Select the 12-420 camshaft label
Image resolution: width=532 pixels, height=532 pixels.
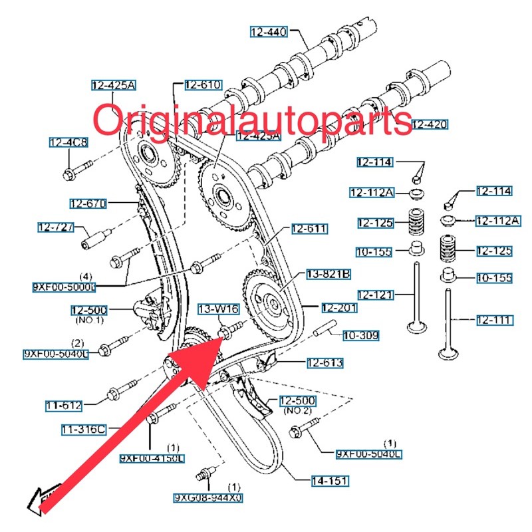pyautogui.click(x=429, y=124)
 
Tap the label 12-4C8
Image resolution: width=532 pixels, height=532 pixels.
pyautogui.click(x=68, y=142)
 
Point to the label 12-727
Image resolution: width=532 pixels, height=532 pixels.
pyautogui.click(x=57, y=227)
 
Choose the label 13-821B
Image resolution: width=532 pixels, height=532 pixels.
pyautogui.click(x=328, y=273)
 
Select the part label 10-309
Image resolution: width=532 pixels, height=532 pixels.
pyautogui.click(x=360, y=336)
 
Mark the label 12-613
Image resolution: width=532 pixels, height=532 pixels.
pyautogui.click(x=325, y=362)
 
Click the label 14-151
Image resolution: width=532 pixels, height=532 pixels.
pyautogui.click(x=330, y=480)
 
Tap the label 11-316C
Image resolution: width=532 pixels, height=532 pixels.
pyautogui.click(x=85, y=430)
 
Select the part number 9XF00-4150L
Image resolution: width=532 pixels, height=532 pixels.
pyautogui.click(x=152, y=458)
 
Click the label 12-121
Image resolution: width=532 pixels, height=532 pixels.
pyautogui.click(x=376, y=294)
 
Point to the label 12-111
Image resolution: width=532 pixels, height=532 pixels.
pyautogui.click(x=494, y=321)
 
